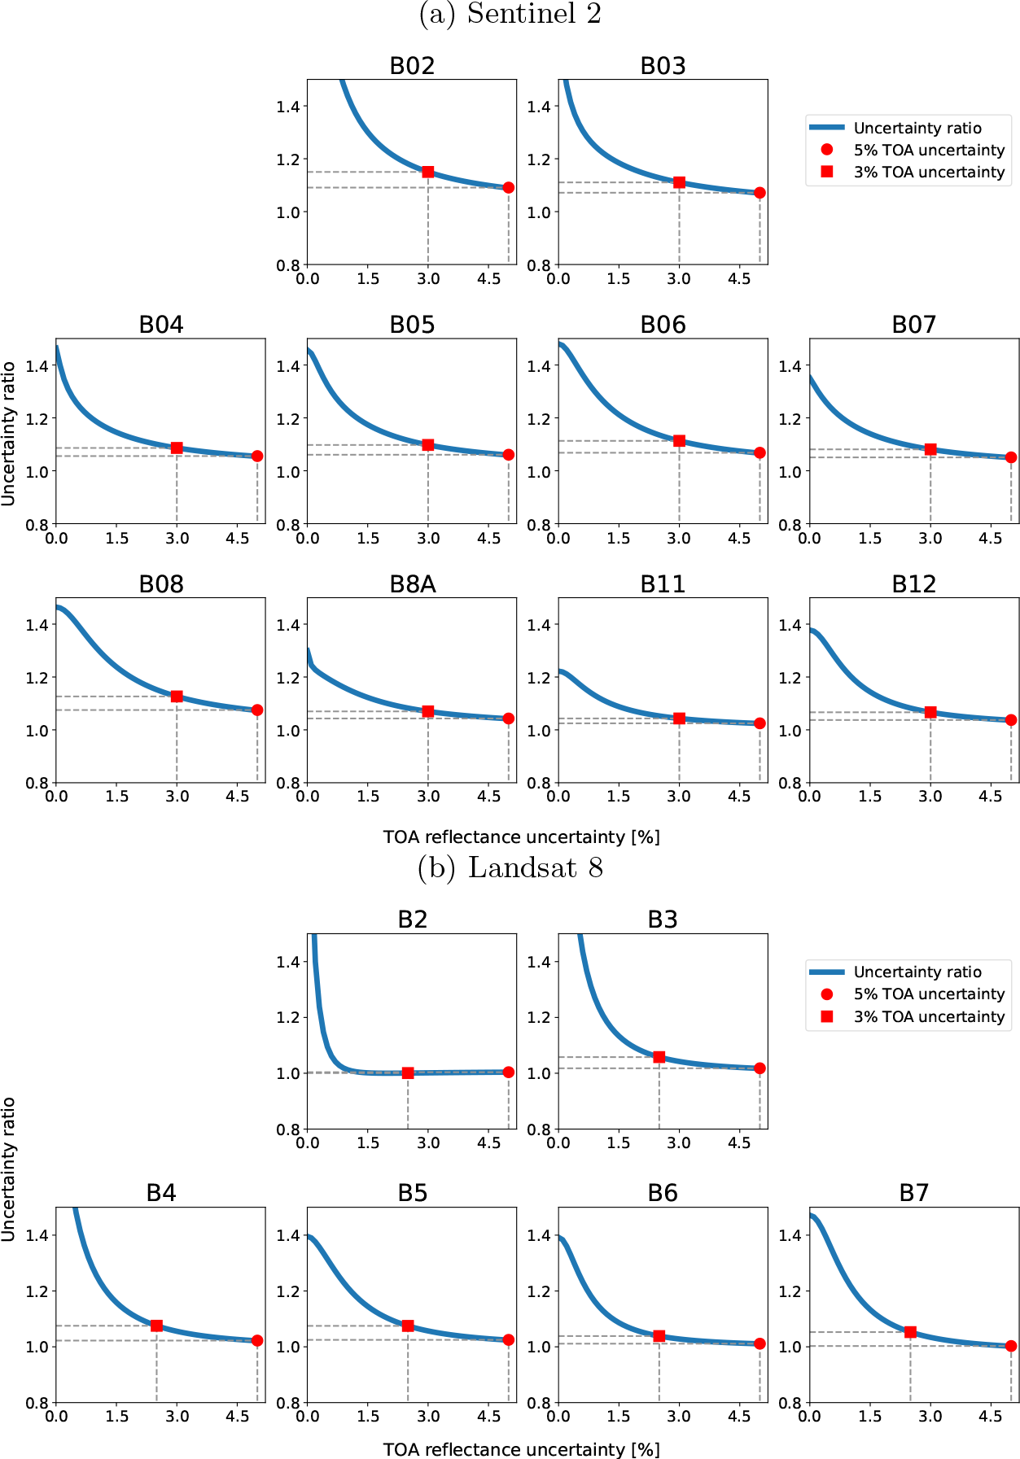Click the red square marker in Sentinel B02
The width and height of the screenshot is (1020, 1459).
tap(428, 172)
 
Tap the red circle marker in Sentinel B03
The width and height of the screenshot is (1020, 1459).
tap(760, 193)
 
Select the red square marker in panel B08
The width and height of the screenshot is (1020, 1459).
tap(177, 697)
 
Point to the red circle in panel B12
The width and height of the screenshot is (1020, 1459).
tap(1011, 720)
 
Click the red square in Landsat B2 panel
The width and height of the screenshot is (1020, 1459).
tap(408, 1072)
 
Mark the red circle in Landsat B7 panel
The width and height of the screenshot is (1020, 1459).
tap(1011, 1346)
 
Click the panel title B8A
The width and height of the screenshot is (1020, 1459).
tap(412, 584)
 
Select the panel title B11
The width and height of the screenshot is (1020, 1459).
tap(663, 584)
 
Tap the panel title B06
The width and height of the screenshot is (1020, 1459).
tap(663, 325)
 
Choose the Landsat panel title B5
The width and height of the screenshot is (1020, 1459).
tap(412, 1193)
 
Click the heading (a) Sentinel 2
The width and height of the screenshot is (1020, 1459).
tap(510, 14)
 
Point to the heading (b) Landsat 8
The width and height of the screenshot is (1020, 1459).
tap(510, 868)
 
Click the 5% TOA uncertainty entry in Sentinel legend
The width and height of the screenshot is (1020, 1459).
tap(929, 150)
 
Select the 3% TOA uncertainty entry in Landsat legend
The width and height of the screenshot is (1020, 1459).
tap(929, 1016)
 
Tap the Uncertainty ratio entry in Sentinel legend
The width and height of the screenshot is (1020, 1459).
tap(917, 128)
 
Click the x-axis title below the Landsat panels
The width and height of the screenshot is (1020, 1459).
tap(521, 1449)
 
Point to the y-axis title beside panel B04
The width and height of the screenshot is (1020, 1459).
tap(9, 434)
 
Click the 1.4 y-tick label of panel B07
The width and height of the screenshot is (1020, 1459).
tap(790, 365)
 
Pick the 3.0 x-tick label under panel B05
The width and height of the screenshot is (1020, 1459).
tap(428, 538)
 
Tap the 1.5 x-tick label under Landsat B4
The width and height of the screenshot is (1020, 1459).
tap(116, 1416)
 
